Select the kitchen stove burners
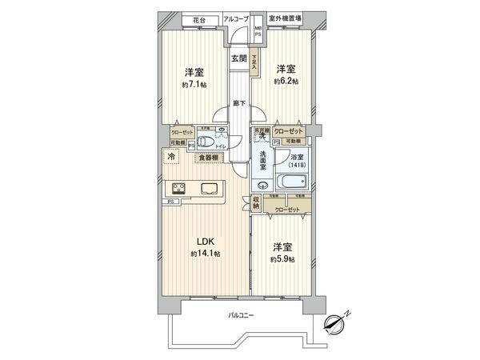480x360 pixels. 178,190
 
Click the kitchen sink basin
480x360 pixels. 210,190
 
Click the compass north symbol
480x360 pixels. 336,323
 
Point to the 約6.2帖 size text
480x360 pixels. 286,82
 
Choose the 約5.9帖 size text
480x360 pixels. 281,259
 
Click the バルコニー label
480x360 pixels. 240,316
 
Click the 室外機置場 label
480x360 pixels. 284,18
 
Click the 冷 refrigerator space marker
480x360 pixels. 171,158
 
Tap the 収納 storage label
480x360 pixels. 256,203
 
